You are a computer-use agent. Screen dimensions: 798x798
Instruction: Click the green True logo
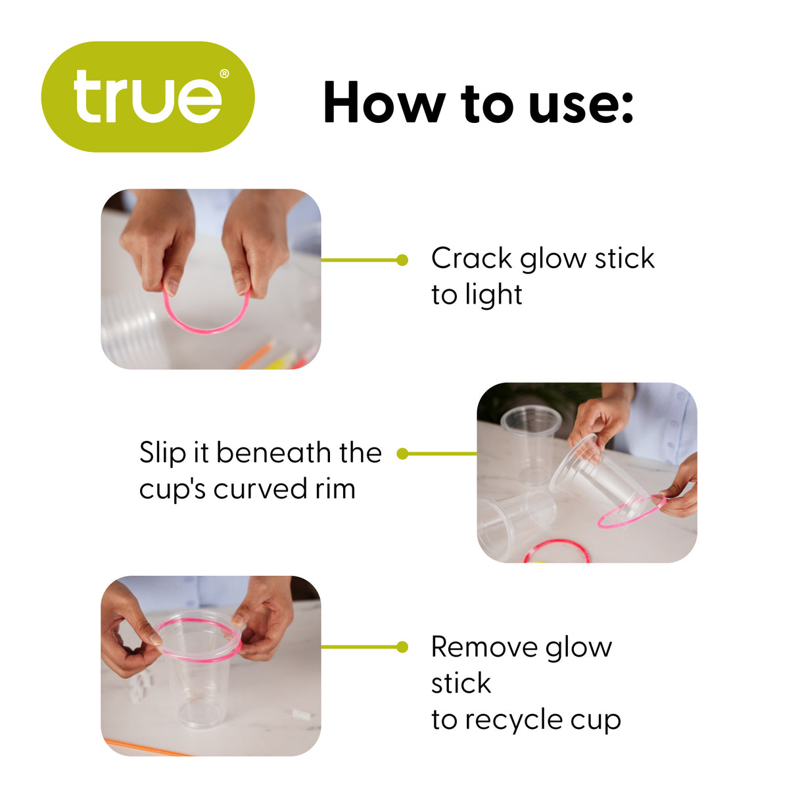pyautogui.click(x=148, y=97)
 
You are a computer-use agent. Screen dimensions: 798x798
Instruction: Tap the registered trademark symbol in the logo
pyautogui.click(x=224, y=74)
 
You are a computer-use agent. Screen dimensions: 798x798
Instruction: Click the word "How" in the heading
pyautogui.click(x=385, y=103)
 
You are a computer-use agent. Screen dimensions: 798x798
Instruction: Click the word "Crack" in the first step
pyautogui.click(x=471, y=258)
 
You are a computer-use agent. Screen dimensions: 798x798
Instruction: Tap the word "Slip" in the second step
pyautogui.click(x=163, y=453)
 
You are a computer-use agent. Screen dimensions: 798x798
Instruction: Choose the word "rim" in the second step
pyautogui.click(x=335, y=489)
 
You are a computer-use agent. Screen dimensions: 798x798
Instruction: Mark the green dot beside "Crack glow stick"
pyautogui.click(x=402, y=260)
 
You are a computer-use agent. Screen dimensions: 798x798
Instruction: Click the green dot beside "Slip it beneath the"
pyautogui.click(x=402, y=454)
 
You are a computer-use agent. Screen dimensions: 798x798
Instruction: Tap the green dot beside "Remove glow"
pyautogui.click(x=402, y=647)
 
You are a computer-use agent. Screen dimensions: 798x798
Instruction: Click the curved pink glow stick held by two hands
pyautogui.click(x=206, y=331)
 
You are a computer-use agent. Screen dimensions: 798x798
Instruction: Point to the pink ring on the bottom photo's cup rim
pyautogui.click(x=199, y=659)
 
